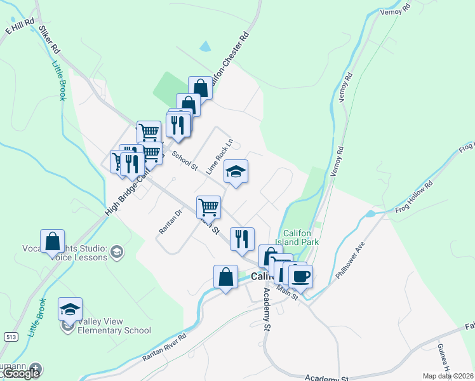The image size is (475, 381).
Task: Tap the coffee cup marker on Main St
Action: pyautogui.click(x=300, y=276)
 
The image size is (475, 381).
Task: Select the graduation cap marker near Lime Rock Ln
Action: pyautogui.click(x=236, y=171)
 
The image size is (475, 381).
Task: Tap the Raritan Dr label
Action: pyautogui.click(x=171, y=221)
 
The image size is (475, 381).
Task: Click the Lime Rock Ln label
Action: pyautogui.click(x=220, y=156)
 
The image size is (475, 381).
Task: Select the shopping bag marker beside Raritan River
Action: pyautogui.click(x=225, y=276)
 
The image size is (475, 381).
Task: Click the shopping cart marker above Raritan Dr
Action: pyautogui.click(x=208, y=206)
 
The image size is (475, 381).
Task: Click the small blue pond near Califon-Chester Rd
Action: pyautogui.click(x=204, y=46)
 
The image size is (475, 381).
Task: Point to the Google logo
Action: pyautogui.click(x=20, y=373)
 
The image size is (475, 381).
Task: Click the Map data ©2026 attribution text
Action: pyautogui.click(x=448, y=376)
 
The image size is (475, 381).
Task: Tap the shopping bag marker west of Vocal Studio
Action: pyautogui.click(x=52, y=241)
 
